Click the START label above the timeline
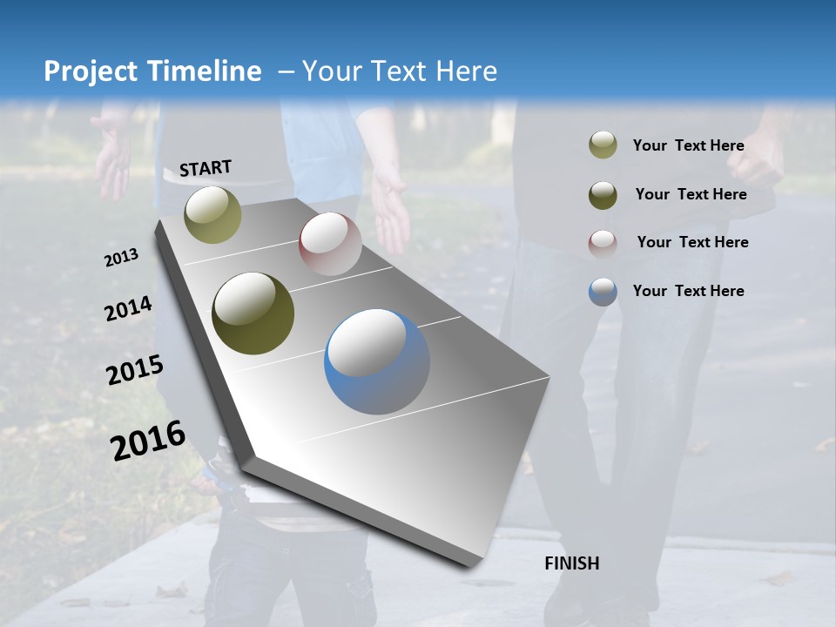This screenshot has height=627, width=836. [206, 168]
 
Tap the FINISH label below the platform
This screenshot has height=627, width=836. [572, 563]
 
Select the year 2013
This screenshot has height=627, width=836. [121, 258]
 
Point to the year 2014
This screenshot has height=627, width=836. [128, 309]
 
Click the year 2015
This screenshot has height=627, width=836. [135, 370]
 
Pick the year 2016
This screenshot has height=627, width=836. [148, 441]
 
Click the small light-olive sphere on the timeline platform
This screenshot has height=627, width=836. [212, 214]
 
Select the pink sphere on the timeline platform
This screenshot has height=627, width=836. [330, 243]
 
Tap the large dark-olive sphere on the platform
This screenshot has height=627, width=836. [253, 313]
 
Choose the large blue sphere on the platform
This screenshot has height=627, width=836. [377, 361]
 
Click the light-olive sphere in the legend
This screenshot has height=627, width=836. [603, 145]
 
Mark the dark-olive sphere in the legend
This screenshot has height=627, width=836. [603, 194]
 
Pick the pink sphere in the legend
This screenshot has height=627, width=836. [603, 243]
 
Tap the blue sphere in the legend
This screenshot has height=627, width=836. [603, 292]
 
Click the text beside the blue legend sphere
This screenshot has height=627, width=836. [688, 291]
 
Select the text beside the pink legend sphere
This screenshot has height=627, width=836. [692, 242]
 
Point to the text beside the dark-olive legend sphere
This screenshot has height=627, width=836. [691, 194]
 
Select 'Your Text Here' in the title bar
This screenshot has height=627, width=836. [399, 71]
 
